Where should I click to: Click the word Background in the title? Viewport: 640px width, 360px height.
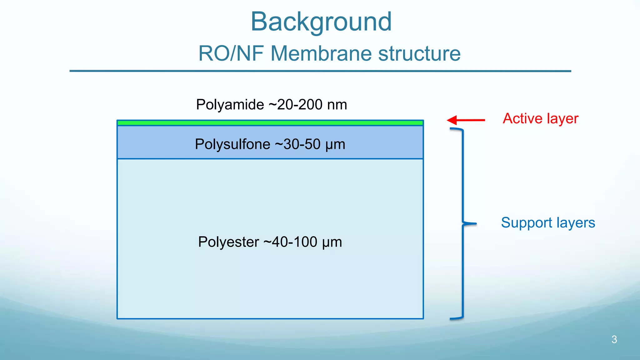click(321, 22)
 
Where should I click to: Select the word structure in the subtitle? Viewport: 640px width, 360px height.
click(419, 53)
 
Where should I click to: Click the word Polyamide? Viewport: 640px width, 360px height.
click(230, 105)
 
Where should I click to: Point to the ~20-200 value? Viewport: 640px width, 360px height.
click(295, 105)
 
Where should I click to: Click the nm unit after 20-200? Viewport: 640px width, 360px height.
click(337, 105)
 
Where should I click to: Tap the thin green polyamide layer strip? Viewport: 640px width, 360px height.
click(270, 123)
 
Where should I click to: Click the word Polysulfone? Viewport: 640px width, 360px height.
click(232, 144)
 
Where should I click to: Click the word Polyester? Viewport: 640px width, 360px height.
click(228, 242)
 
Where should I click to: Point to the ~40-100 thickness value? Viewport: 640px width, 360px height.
click(290, 242)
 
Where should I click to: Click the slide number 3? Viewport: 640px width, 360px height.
click(614, 339)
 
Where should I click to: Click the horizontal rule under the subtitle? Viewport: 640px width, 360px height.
click(320, 71)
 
